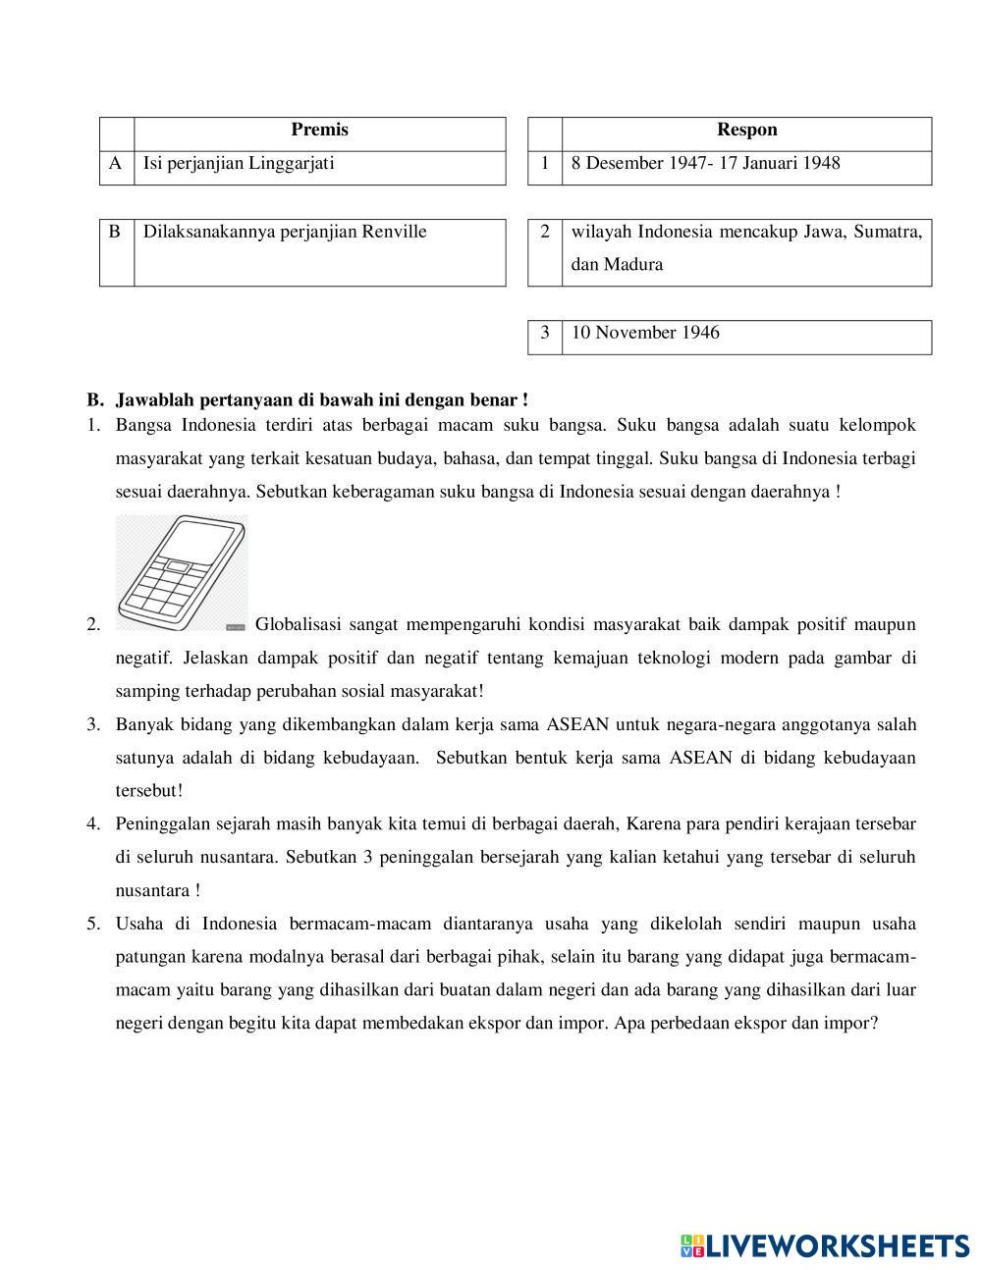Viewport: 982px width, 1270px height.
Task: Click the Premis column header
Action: tap(319, 131)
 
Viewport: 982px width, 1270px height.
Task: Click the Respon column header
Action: tap(746, 131)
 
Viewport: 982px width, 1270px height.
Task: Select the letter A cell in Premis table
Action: tap(116, 164)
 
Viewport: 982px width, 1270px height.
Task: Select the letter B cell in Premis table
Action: tap(115, 233)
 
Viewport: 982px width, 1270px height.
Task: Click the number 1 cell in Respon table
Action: tap(544, 164)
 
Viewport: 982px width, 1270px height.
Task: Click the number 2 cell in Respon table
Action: tap(544, 233)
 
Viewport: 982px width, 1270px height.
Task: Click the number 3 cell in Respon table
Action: tap(544, 333)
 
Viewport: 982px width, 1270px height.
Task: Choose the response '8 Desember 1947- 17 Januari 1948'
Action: tap(705, 164)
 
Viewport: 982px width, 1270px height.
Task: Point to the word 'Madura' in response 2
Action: tap(633, 265)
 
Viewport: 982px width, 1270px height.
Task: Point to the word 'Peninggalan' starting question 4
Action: tap(162, 824)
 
